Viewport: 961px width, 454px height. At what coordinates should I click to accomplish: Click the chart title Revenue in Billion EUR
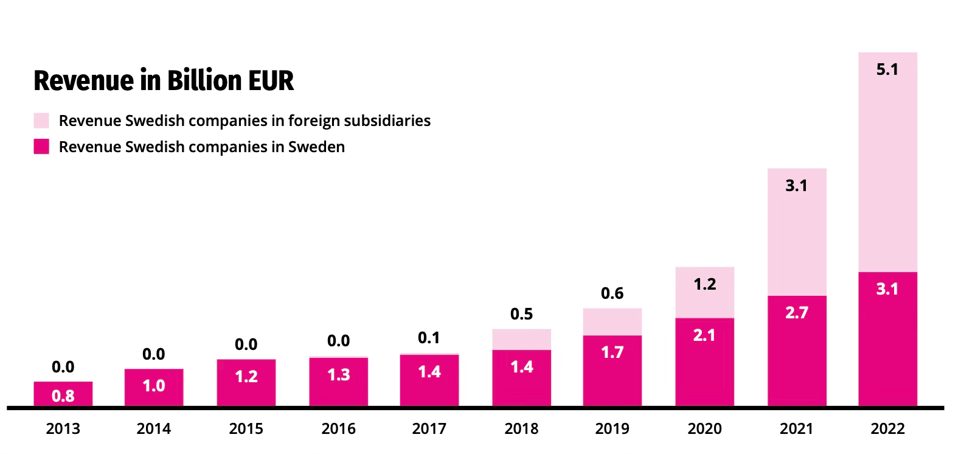(164, 81)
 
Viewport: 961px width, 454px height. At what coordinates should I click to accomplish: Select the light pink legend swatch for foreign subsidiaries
(41, 120)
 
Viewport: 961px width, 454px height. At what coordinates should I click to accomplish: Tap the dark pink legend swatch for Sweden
(41, 147)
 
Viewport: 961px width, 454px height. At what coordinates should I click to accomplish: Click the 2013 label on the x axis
(63, 429)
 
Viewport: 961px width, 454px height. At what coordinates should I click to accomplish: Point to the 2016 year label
(338, 429)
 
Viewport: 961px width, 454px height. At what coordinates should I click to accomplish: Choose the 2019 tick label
(612, 429)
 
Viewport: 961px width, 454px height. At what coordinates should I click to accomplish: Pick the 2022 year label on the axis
(887, 429)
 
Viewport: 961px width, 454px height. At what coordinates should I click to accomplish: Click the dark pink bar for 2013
(63, 394)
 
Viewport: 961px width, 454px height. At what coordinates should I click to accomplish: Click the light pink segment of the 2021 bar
(796, 237)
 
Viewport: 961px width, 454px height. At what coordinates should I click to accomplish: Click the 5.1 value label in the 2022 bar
(887, 69)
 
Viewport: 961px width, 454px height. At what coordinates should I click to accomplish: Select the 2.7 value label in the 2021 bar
(796, 312)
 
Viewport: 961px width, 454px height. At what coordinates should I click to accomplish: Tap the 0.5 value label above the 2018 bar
(521, 314)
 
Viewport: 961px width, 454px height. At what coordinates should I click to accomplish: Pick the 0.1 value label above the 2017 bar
(429, 338)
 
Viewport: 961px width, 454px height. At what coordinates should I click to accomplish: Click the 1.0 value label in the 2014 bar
(153, 386)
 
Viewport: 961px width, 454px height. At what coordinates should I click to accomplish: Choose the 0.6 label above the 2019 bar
(612, 293)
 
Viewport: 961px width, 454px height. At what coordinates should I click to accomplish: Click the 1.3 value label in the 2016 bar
(338, 374)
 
